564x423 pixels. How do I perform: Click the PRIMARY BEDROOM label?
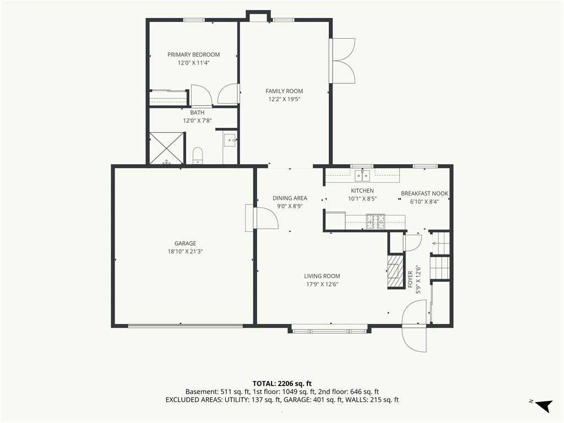point(193,55)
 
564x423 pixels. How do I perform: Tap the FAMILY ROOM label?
point(284,91)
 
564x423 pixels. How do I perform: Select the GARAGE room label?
point(185,243)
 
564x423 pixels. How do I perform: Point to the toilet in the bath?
point(198,155)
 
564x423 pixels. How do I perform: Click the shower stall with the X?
point(166,148)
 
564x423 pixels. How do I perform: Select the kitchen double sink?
point(362,176)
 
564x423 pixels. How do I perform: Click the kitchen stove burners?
point(375,221)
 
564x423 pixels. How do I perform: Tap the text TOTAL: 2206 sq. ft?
point(282,383)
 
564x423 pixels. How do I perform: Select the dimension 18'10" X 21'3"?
point(185,252)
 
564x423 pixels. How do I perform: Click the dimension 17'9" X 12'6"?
point(322,285)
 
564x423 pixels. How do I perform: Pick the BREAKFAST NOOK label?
point(425,193)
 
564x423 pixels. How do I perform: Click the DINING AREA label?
point(290,198)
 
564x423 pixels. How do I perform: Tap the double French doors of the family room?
point(343,61)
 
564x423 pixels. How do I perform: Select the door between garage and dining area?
point(266,218)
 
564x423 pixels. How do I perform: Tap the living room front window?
point(329,330)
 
